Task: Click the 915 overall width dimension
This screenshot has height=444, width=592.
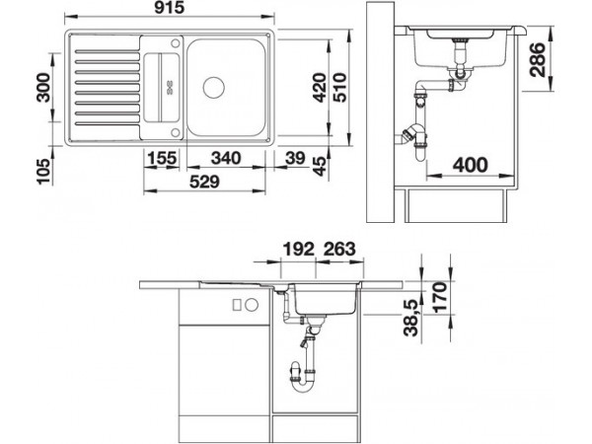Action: pyautogui.click(x=169, y=7)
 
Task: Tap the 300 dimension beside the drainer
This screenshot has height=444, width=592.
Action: pyautogui.click(x=43, y=88)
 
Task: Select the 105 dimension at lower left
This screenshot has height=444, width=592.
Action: pyautogui.click(x=43, y=171)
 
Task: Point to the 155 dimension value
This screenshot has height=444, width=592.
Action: pyautogui.click(x=162, y=158)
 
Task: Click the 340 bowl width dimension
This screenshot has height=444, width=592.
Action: pyautogui.click(x=226, y=158)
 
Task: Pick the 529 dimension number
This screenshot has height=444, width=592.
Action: pyautogui.click(x=204, y=182)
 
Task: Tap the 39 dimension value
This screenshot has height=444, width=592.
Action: pyautogui.click(x=295, y=158)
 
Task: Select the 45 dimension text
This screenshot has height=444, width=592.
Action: pyautogui.click(x=319, y=166)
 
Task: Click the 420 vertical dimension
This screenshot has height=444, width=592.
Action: pyautogui.click(x=320, y=88)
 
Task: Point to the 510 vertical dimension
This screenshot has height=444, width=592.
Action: pyautogui.click(x=339, y=88)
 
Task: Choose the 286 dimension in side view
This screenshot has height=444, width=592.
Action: pyautogui.click(x=538, y=59)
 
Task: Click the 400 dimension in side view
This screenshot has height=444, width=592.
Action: pyautogui.click(x=470, y=165)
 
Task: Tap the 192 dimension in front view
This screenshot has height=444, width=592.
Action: pyautogui.click(x=298, y=250)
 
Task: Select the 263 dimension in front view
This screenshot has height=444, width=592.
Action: pyautogui.click(x=339, y=250)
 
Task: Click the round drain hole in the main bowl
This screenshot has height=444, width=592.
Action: pyautogui.click(x=214, y=88)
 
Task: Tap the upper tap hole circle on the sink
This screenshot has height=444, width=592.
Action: pyautogui.click(x=176, y=43)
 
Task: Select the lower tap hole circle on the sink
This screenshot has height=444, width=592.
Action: pyautogui.click(x=176, y=132)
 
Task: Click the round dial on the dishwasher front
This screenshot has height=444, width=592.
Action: pyautogui.click(x=252, y=304)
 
